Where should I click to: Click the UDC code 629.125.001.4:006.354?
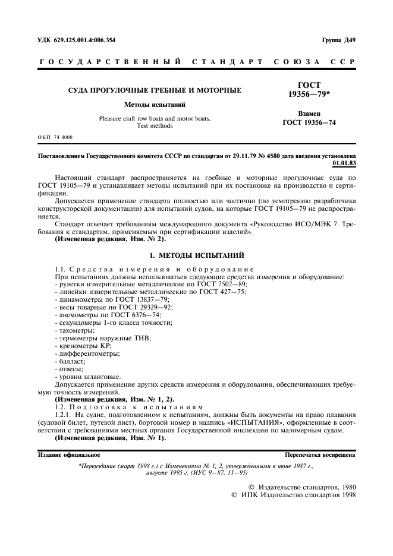coord(85,40)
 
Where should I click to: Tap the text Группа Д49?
coord(338,40)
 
